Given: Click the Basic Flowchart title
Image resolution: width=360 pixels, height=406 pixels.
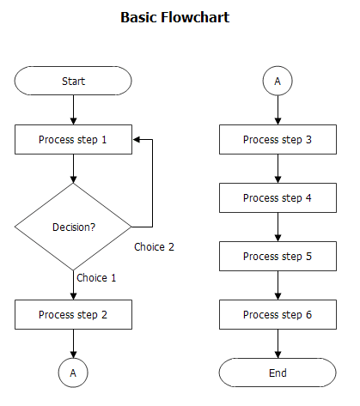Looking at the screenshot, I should (x=174, y=17).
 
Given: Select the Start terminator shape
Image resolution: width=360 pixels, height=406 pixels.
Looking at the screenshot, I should (x=73, y=81).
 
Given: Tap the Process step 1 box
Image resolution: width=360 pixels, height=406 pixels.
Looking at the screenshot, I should (x=73, y=139).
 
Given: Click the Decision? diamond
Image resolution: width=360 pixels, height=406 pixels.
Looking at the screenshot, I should (x=73, y=227).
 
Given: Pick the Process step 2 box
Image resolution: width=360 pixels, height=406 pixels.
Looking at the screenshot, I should (x=73, y=314).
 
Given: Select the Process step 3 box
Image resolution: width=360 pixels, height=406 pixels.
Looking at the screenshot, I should (x=278, y=139).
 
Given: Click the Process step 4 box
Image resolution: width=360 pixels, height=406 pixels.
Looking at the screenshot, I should (x=278, y=197).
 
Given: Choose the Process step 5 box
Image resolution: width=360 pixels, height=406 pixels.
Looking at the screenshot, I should (x=278, y=256).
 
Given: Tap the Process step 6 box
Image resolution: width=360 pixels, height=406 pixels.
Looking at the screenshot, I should (x=278, y=314).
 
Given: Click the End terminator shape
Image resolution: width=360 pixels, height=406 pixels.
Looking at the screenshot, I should (x=278, y=373).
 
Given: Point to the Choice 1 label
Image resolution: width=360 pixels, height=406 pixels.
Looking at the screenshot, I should (x=96, y=278).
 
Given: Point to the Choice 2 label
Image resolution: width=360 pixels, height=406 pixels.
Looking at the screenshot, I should (x=155, y=246).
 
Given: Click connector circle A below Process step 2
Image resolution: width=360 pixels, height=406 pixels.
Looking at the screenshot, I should (x=73, y=373).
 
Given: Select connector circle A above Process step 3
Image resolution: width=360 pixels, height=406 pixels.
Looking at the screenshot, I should (x=278, y=81).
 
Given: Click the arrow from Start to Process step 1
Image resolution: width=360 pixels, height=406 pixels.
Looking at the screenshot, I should (x=73, y=109).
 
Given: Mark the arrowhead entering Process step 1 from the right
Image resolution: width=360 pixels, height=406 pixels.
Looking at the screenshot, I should (x=137, y=139).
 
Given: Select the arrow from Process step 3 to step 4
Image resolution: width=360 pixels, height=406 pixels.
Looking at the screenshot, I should (x=278, y=168).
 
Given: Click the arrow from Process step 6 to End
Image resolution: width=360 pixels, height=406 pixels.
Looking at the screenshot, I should (x=278, y=343).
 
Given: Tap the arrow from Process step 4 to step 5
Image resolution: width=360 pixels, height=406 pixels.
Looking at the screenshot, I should (x=278, y=227).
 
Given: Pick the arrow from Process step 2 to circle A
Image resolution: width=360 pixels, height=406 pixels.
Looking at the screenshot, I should (x=73, y=343).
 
